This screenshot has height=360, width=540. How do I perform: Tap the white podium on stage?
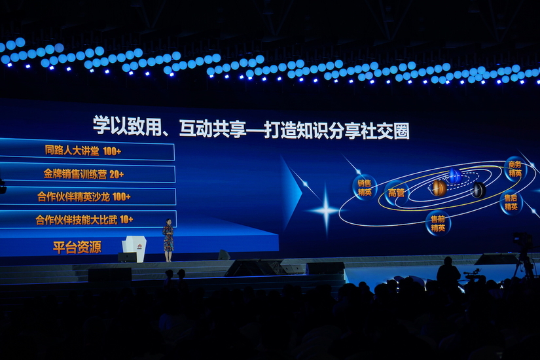(x=134, y=249)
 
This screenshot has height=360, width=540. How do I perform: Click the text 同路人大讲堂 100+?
(x=83, y=151)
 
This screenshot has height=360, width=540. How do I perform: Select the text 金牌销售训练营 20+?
(x=84, y=174)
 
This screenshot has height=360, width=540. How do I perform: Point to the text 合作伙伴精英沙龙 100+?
(x=84, y=197)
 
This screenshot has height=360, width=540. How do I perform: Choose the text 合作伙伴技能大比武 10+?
(x=84, y=219)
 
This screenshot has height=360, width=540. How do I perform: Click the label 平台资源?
(x=77, y=247)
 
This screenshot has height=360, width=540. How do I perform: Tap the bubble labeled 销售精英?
(x=365, y=188)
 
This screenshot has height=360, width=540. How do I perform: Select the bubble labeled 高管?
(x=397, y=193)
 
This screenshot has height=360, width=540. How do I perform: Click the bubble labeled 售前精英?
(x=438, y=223)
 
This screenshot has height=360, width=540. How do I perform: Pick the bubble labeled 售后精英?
(x=511, y=202)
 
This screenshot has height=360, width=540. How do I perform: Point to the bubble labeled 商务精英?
(x=515, y=169)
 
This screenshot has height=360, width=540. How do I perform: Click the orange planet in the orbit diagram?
(x=439, y=188)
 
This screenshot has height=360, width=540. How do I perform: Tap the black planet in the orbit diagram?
(x=479, y=190)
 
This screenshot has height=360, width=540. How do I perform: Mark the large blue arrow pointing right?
(x=291, y=193)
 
